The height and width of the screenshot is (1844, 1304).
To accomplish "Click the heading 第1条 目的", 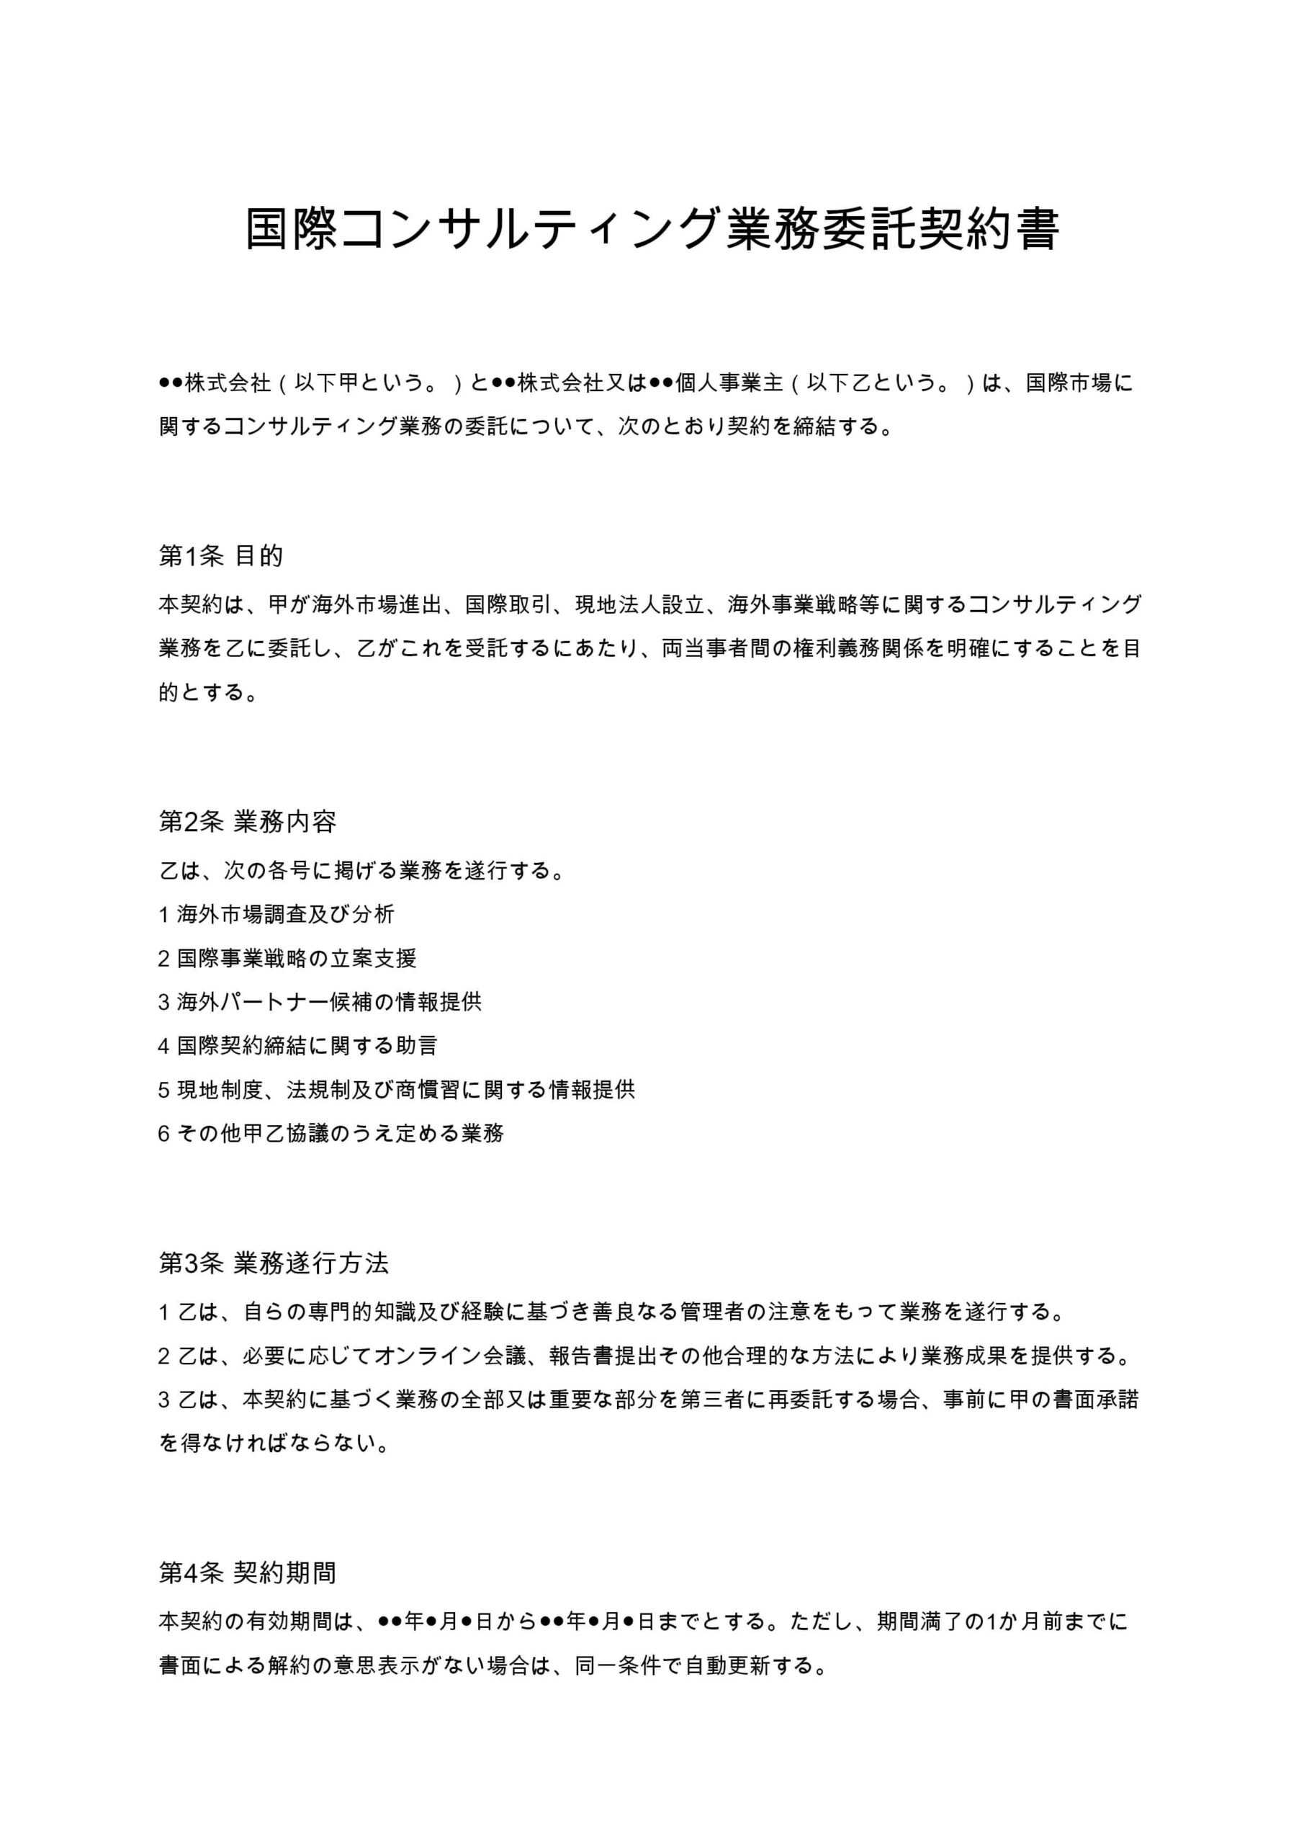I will tap(221, 556).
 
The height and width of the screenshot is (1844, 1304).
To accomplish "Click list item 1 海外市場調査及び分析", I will tap(276, 914).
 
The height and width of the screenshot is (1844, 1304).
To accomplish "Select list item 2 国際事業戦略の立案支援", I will tap(287, 958).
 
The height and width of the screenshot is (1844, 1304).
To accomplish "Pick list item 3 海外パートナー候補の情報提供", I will tap(320, 1001).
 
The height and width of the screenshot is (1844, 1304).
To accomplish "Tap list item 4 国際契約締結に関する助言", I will tap(298, 1046).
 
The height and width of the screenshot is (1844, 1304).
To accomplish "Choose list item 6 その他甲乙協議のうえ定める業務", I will tap(331, 1133).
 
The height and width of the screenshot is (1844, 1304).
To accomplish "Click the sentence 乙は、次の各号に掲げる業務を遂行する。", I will tap(362, 870).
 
